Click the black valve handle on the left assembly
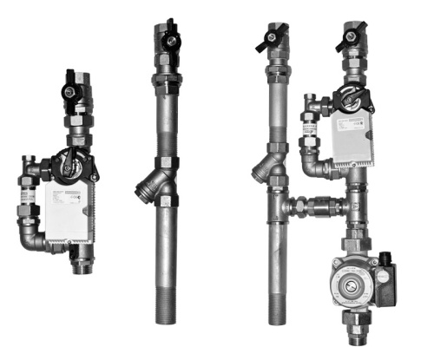pyautogui.click(x=70, y=89)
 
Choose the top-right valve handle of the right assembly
pyautogui.click(x=351, y=36)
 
